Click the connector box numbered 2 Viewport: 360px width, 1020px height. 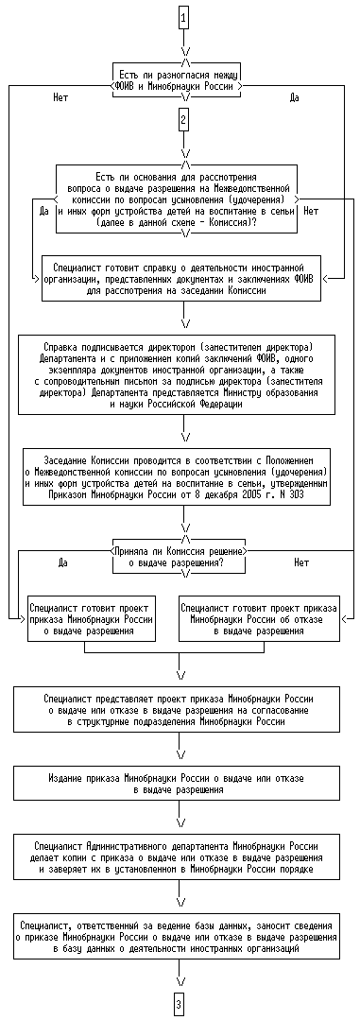tap(184, 120)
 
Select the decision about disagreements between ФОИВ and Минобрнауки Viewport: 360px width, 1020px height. tap(178, 79)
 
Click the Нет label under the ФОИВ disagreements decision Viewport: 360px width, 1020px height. tap(60, 98)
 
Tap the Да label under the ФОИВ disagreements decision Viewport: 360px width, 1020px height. tap(292, 98)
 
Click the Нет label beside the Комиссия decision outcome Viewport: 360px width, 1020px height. tap(301, 562)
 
